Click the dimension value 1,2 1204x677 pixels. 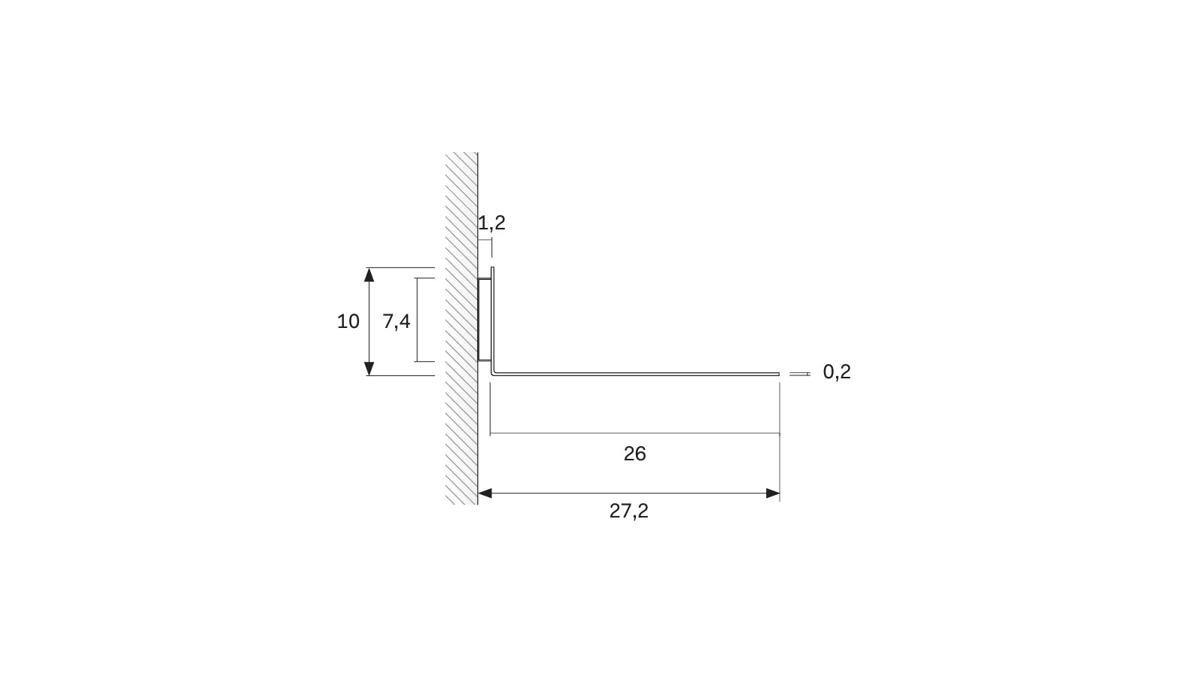tap(492, 223)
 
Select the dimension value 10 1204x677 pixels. tap(348, 321)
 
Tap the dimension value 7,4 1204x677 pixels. tap(396, 321)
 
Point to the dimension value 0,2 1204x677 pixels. tap(836, 372)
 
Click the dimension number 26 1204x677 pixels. tap(634, 454)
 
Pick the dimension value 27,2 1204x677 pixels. tap(628, 511)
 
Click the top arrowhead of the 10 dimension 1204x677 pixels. tap(369, 275)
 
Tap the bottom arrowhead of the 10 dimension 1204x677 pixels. tap(369, 369)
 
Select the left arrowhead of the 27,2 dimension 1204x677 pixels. tap(485, 493)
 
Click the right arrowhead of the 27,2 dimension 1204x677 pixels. tap(772, 493)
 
